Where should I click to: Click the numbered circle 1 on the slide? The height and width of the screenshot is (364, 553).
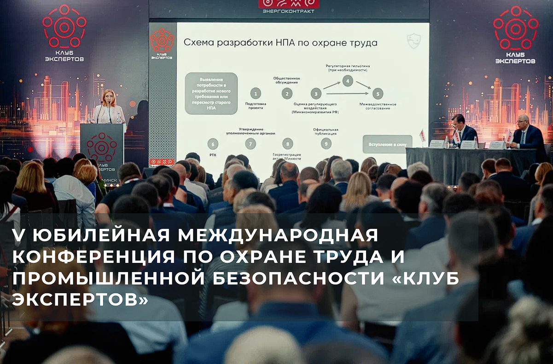click(256, 94)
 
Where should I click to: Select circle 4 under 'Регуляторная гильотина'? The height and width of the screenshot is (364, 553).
click(348, 82)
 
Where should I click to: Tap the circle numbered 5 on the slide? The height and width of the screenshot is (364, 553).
click(378, 94)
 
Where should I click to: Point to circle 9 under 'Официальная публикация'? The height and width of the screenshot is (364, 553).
click(326, 143)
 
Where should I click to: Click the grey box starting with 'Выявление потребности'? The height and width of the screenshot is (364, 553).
click(211, 93)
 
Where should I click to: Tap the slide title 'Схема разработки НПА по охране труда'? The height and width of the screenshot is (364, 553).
click(280, 43)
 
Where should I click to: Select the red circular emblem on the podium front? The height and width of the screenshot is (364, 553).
click(102, 147)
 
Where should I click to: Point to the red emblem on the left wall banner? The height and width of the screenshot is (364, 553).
click(64, 27)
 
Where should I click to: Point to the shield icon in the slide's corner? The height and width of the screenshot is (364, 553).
click(414, 41)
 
